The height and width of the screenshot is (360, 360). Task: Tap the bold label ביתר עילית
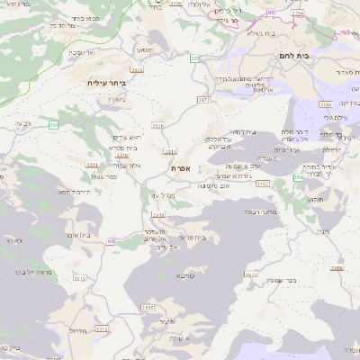pos(107,83)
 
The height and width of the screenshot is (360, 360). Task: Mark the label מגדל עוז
pos(162,194)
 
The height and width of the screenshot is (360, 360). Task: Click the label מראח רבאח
pos(256,212)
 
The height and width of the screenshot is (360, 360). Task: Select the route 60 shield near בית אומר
pos(112,241)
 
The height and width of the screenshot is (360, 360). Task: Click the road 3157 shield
pos(263,183)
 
